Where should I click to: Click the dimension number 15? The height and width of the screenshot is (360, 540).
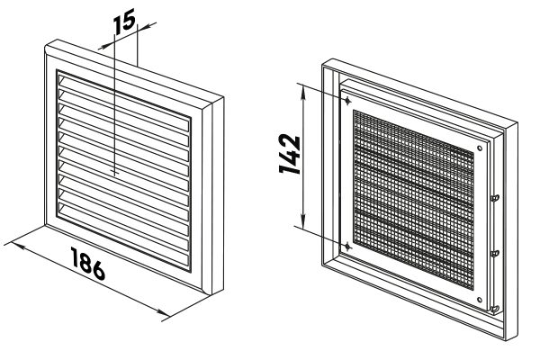coord(125,22)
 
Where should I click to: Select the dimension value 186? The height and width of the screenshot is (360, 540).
coord(88,264)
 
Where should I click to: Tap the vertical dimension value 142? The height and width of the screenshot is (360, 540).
coord(290,154)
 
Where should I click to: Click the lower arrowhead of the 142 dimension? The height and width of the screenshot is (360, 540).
coord(303,221)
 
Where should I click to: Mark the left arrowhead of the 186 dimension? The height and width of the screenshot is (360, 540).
coord(19,247)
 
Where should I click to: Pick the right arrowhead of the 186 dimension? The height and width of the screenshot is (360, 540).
coord(162,312)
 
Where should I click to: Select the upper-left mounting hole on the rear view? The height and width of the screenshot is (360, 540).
coord(347,101)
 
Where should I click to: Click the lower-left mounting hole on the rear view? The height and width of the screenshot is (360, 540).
coord(347,247)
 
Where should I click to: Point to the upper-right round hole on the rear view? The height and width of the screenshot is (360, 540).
coord(480,148)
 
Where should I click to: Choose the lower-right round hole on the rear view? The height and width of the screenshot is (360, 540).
coord(480,300)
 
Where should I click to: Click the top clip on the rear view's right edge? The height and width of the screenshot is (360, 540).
coord(495,198)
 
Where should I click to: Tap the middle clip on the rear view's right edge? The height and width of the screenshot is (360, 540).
coord(495,253)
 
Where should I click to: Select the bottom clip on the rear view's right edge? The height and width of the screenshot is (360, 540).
coord(495,309)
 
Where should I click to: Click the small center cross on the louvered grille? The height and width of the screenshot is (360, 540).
coord(115,171)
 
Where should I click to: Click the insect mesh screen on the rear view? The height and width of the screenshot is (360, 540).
coord(413,199)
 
